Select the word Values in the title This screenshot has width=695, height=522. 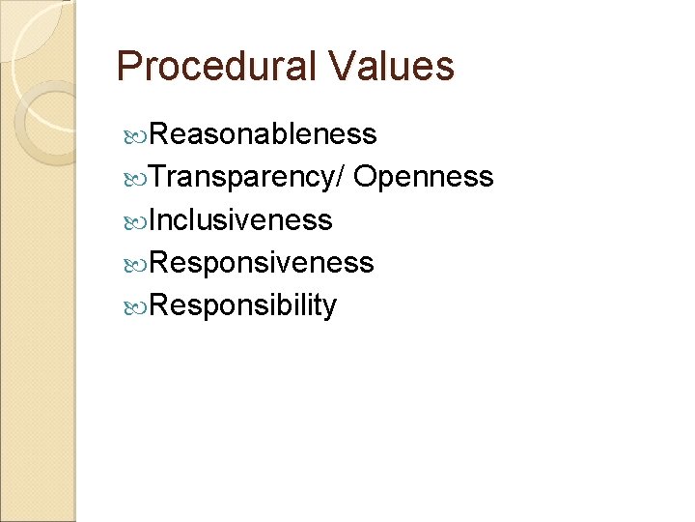[x=391, y=67]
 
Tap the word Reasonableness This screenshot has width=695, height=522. [x=264, y=134]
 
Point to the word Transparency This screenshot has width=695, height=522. [x=245, y=178]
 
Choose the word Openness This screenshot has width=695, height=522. [x=424, y=177]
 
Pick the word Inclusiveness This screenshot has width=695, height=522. [x=241, y=220]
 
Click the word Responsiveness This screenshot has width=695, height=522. [x=262, y=263]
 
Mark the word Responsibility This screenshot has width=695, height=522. [x=243, y=305]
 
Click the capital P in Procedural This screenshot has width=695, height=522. [x=127, y=67]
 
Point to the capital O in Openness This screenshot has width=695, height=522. [x=366, y=177]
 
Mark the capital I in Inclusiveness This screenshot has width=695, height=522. [x=153, y=220]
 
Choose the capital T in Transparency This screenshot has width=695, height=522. [x=158, y=177]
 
